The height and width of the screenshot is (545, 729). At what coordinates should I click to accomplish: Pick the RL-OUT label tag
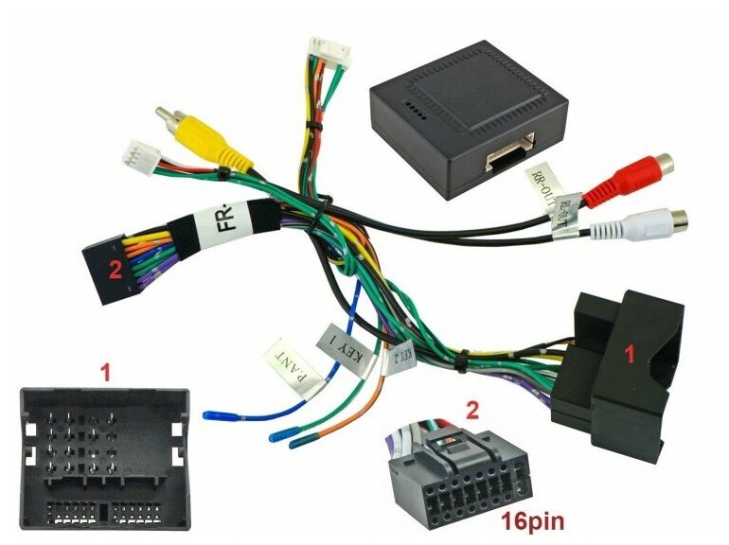(571, 211)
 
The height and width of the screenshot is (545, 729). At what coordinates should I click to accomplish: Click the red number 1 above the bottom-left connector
(105, 374)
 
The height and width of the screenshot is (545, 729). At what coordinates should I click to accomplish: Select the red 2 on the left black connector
(115, 268)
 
